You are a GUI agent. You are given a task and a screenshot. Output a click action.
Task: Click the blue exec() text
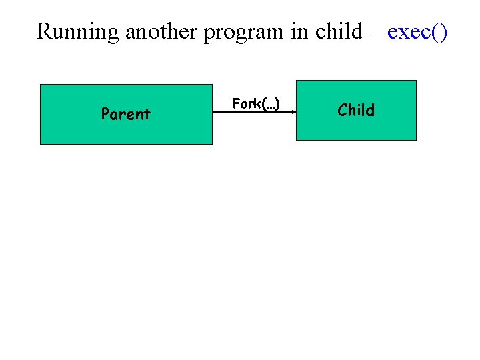click(417, 31)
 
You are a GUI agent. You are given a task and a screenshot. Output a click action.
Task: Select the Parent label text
click(125, 115)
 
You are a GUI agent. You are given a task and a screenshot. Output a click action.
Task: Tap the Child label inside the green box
click(356, 110)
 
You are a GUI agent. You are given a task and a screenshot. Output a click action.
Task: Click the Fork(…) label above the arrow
click(256, 103)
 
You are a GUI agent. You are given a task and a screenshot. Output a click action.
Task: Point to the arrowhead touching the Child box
click(293, 113)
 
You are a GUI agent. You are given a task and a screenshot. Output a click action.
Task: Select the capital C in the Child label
click(343, 110)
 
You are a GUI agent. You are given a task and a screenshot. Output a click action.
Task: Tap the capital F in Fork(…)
click(236, 103)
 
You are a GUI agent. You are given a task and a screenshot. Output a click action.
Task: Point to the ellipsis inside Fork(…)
click(269, 105)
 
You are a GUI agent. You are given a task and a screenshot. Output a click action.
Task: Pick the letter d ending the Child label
click(370, 110)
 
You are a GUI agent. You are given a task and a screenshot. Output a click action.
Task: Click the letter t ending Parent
click(147, 115)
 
